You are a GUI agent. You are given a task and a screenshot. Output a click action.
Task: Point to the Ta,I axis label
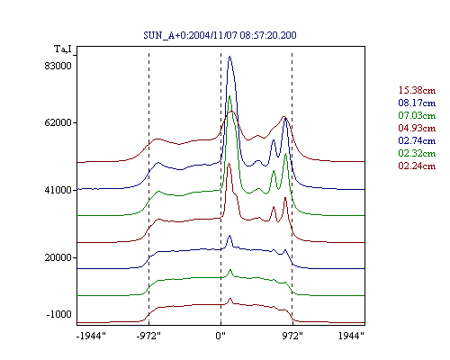pyautogui.click(x=63, y=49)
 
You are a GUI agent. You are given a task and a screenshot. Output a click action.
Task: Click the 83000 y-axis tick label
pyautogui.click(x=58, y=66)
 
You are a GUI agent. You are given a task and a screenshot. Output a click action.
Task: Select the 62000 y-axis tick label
pyautogui.click(x=58, y=122)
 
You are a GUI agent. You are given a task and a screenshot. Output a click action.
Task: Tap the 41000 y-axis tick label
pyautogui.click(x=58, y=190)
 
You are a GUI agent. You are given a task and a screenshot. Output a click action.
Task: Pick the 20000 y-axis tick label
pyautogui.click(x=58, y=257)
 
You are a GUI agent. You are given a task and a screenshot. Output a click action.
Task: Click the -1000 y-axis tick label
pyautogui.click(x=59, y=314)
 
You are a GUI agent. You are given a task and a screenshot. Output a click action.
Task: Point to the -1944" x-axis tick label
pyautogui.click(x=91, y=336)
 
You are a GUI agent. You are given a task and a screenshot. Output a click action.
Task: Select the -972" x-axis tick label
pyautogui.click(x=148, y=336)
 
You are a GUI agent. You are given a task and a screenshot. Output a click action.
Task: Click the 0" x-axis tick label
pyautogui.click(x=220, y=336)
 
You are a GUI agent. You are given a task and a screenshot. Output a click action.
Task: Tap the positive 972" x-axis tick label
pyautogui.click(x=292, y=336)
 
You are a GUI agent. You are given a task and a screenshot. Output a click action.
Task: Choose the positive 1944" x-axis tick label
pyautogui.click(x=351, y=336)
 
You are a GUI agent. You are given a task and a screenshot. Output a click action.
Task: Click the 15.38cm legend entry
pyautogui.click(x=417, y=90)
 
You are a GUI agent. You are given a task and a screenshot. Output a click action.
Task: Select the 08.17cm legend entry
pyautogui.click(x=417, y=103)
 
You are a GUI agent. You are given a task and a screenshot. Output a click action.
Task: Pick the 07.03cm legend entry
pyautogui.click(x=417, y=115)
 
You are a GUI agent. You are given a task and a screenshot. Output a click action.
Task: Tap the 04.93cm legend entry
pyautogui.click(x=417, y=128)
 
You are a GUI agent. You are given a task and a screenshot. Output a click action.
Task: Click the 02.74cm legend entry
pyautogui.click(x=417, y=140)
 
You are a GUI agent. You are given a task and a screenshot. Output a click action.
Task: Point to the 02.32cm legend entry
pyautogui.click(x=417, y=153)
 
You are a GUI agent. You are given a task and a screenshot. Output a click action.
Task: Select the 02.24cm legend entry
pyautogui.click(x=417, y=166)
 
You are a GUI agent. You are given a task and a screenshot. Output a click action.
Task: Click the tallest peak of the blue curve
pyautogui.click(x=230, y=57)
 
